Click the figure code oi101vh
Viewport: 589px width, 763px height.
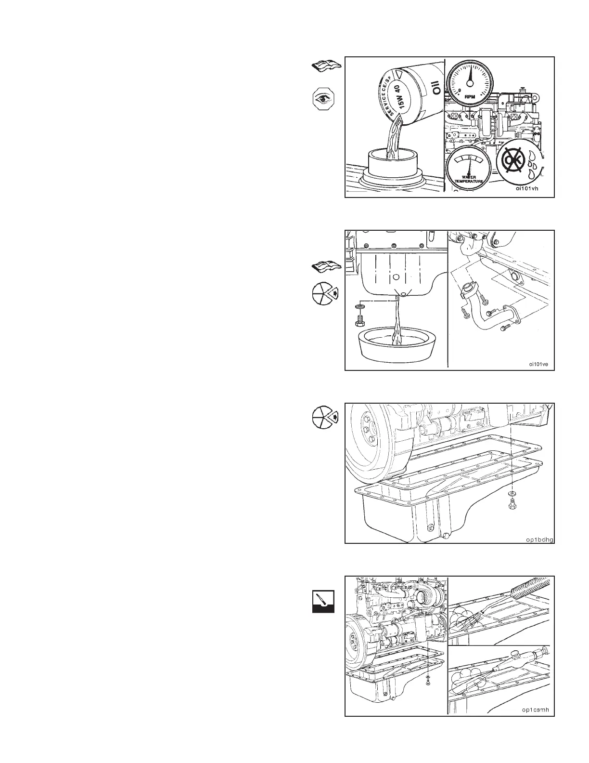526,189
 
